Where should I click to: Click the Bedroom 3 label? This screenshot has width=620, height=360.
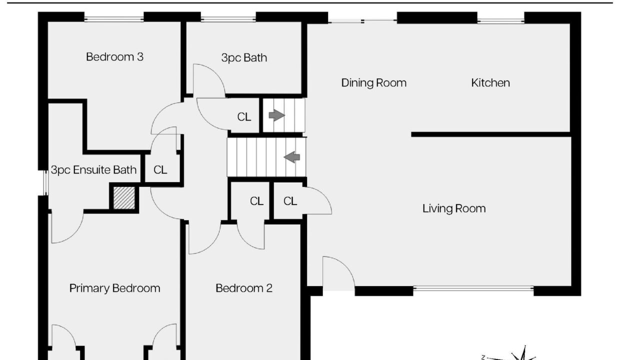pos(114,57)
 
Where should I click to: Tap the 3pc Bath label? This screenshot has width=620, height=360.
pos(244,58)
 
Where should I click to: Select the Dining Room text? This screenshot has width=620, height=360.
pos(373,83)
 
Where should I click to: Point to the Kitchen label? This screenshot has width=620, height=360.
pos(490,83)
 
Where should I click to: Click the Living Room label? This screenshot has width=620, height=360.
pos(454,208)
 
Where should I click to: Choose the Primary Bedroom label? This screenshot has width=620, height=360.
pos(114,288)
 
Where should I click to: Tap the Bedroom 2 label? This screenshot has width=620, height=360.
pos(244,288)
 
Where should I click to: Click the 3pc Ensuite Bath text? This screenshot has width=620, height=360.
pos(93,170)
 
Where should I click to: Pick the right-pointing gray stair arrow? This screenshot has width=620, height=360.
pos(277,115)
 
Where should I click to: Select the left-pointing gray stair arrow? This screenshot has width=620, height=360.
pos(292,157)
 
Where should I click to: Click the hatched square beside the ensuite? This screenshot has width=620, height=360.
pos(124,198)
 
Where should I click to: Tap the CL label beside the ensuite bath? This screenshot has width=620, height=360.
pos(160,170)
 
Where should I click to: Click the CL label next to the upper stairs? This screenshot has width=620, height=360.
pos(244,117)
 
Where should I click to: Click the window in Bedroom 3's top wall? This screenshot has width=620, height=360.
pos(114,19)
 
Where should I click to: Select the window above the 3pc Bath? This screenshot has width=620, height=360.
pos(228,19)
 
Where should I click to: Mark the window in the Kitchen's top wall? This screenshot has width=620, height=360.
pos(500,21)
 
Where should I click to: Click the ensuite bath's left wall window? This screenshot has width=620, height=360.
pos(45,182)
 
